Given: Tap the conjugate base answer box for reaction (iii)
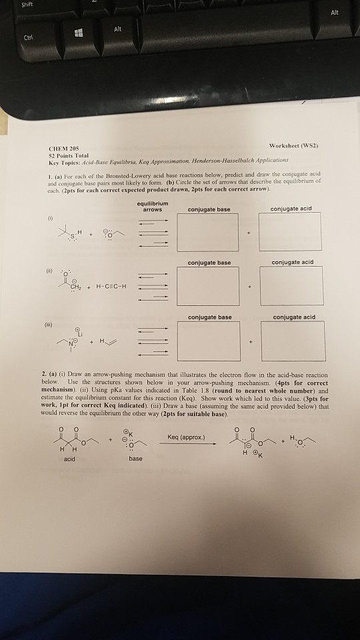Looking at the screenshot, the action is click(x=207, y=341).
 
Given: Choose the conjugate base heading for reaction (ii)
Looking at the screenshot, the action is click(x=209, y=262).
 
